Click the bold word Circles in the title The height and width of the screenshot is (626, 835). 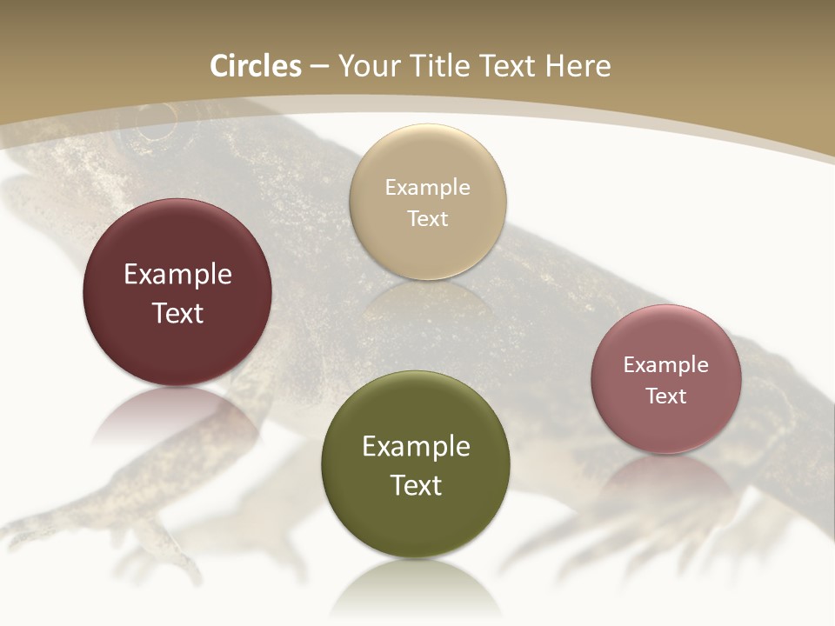[x=255, y=66]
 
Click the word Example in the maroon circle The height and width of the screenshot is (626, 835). [x=177, y=275]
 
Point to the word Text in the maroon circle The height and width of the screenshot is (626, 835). [x=177, y=313]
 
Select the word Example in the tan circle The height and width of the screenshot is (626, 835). [x=427, y=188]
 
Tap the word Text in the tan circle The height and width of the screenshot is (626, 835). [x=427, y=219]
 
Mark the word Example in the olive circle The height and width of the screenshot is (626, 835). [x=416, y=447]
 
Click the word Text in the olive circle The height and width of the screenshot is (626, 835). [x=416, y=485]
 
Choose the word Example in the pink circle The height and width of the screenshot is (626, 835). [x=666, y=365]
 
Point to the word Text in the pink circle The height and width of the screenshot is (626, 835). [x=666, y=396]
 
